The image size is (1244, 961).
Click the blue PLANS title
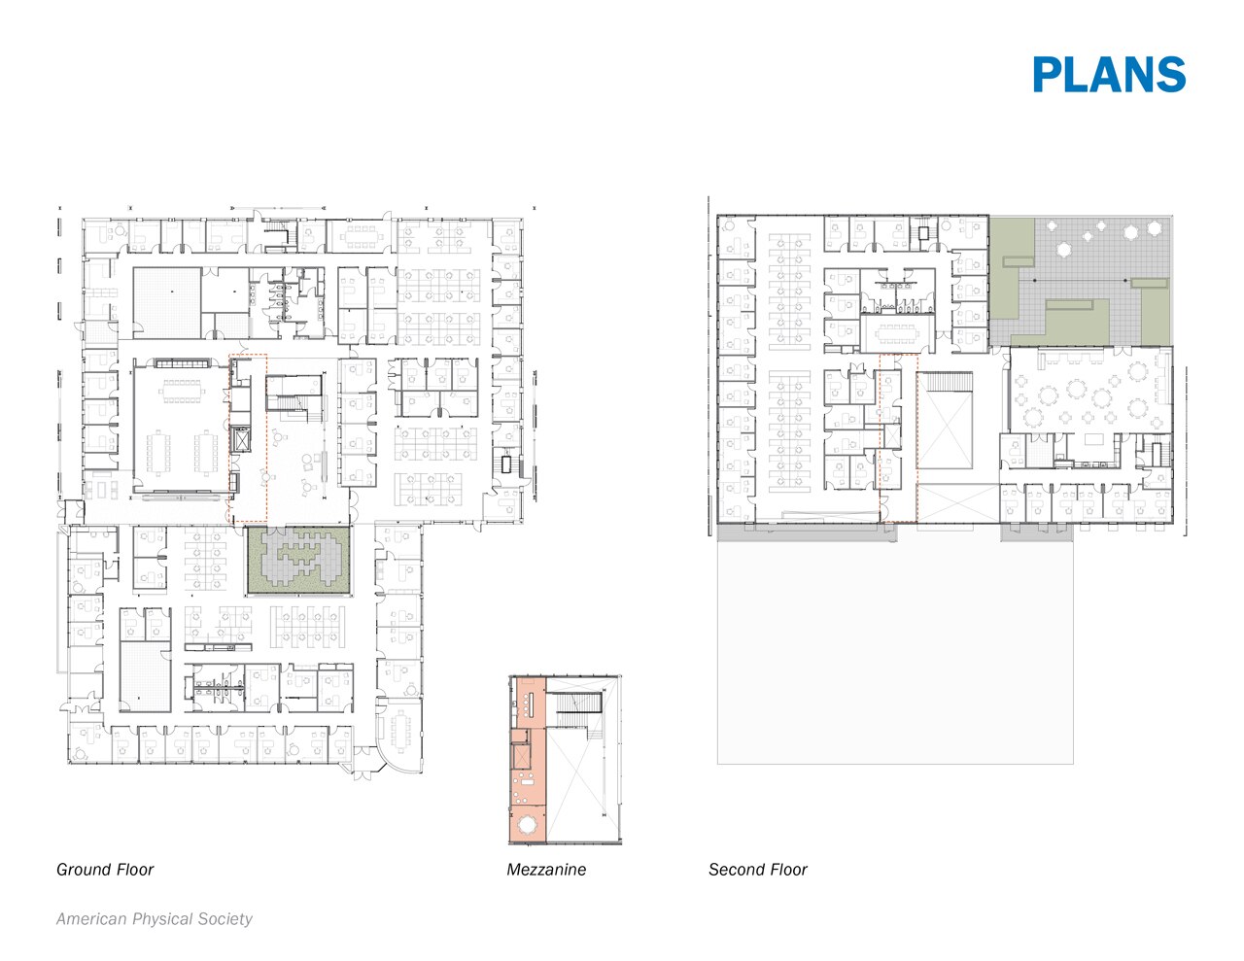click(x=1109, y=75)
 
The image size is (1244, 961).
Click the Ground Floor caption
click(x=105, y=870)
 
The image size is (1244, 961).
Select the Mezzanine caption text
click(x=546, y=870)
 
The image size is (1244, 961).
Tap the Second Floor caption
click(x=758, y=870)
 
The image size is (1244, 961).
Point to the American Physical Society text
click(x=155, y=919)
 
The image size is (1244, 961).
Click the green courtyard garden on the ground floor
click(x=297, y=561)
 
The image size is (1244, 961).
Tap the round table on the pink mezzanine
click(x=528, y=825)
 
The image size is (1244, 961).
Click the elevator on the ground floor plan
click(x=239, y=440)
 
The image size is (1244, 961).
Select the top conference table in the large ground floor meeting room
click(x=182, y=391)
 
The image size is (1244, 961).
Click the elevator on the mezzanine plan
click(x=522, y=756)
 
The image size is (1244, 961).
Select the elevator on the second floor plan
click(x=889, y=434)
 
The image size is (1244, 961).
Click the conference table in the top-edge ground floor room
click(x=363, y=234)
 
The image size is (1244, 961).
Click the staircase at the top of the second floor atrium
click(x=946, y=381)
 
